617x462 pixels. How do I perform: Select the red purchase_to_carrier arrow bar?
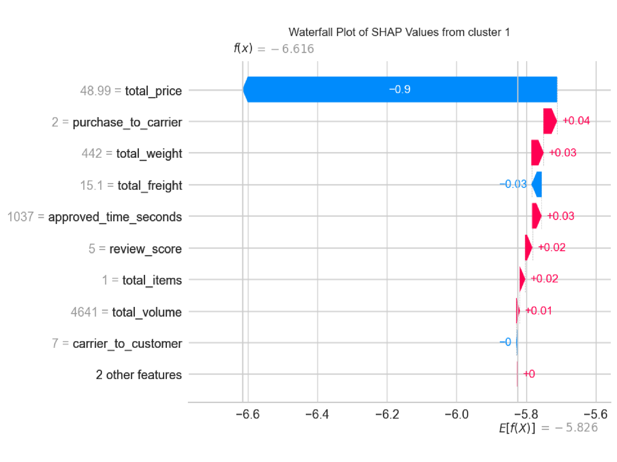[549, 121]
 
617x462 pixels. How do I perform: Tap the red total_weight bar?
[537, 153]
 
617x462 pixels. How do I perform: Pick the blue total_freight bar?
[537, 184]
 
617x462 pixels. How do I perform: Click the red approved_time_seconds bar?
[536, 216]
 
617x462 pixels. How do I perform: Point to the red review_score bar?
[528, 247]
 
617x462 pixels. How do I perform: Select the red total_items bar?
[522, 279]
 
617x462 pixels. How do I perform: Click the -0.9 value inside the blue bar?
[399, 90]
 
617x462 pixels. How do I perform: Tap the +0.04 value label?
[576, 121]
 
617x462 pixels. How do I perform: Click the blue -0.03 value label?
[513, 184]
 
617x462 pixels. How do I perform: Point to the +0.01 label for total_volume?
[538, 310]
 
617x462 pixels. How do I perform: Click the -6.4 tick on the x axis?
[317, 414]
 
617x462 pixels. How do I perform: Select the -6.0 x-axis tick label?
[456, 414]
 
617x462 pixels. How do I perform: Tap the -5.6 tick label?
[595, 414]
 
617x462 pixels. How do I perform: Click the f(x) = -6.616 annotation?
[274, 48]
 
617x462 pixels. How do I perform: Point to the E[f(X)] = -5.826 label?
[548, 428]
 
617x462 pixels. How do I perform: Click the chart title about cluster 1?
[399, 32]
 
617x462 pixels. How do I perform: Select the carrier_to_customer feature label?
[127, 344]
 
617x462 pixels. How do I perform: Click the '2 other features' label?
[139, 375]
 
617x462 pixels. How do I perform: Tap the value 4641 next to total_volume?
[84, 312]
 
